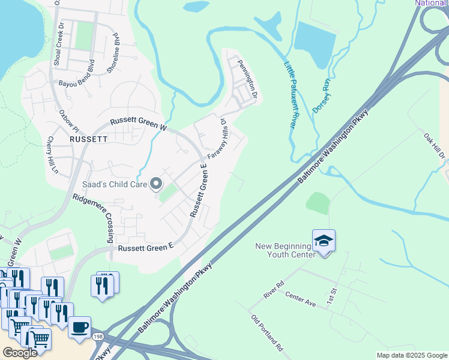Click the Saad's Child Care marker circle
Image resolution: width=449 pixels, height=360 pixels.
(156, 184)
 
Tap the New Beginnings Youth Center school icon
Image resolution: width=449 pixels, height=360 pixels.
(324, 241)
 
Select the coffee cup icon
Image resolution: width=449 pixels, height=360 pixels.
(79, 328)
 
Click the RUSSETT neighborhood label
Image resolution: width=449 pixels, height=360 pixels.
(88, 138)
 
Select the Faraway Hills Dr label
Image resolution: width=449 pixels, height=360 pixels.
(218, 139)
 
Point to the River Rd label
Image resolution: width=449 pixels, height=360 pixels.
(273, 289)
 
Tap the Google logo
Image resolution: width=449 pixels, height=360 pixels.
(20, 353)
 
